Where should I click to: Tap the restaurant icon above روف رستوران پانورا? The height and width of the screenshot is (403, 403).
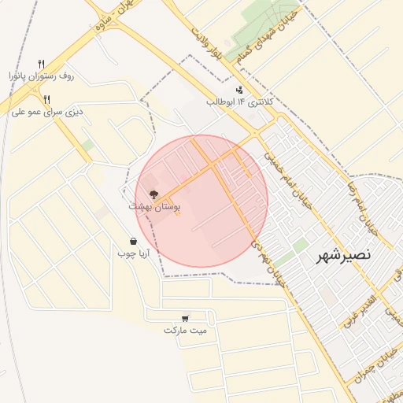coord(41,64)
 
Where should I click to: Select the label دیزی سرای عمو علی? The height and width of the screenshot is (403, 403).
coord(47,112)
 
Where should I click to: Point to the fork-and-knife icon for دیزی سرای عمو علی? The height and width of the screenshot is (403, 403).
coord(46,99)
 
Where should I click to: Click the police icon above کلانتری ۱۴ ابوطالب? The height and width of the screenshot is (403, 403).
coord(239,90)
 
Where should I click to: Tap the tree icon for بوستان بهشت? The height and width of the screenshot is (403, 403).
coord(153,194)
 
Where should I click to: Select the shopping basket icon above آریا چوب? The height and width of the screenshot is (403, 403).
coord(135,242)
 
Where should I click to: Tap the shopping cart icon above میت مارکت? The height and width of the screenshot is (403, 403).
coord(184,318)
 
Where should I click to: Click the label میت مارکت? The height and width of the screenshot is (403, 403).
coord(185,330)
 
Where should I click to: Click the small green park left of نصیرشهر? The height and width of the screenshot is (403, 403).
coord(300,246)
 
